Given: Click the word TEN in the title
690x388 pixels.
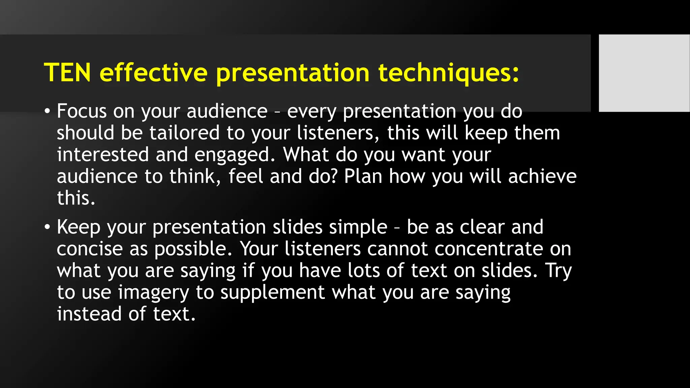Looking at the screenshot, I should point(67,72).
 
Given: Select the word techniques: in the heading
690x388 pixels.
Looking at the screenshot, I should point(448,72).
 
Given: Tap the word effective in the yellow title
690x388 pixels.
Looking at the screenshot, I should point(154,72).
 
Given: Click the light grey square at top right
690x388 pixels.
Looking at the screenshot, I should point(644,73).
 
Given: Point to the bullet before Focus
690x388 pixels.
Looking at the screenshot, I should point(47,111).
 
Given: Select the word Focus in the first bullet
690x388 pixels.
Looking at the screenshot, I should point(82,111).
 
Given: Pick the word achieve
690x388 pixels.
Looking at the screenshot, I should point(542,176).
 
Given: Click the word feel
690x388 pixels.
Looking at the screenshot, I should point(246,176).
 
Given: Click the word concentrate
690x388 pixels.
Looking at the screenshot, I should point(489,249).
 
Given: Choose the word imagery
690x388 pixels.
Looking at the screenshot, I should point(154,292).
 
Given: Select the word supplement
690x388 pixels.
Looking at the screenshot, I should point(273,292).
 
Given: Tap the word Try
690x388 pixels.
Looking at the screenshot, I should point(558,271).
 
